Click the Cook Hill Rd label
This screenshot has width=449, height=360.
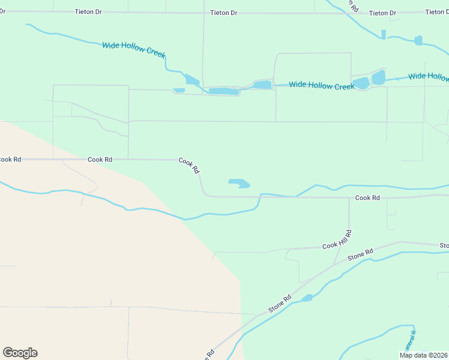pos(336,240)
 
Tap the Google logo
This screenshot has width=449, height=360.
pos(20,353)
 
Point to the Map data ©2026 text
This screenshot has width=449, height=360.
pos(423,355)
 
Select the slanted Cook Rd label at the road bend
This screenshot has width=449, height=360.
pos(189,166)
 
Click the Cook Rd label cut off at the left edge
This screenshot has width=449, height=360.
pos(10,160)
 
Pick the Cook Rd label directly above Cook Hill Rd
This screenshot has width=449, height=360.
pos(367,198)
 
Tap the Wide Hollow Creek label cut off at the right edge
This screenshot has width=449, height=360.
pos(429,77)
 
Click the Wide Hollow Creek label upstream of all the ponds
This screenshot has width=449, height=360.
pos(133,49)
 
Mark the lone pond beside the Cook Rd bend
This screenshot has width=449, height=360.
pos(239,183)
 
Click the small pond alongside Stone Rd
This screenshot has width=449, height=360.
pos(307,298)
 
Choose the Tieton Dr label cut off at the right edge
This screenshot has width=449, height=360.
pos(436,12)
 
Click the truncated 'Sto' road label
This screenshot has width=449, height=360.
pos(444,246)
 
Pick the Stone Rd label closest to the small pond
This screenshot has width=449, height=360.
pos(280,304)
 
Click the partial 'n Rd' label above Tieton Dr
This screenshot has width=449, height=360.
pos(352,5)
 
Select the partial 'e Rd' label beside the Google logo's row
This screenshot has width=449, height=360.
pos(209,354)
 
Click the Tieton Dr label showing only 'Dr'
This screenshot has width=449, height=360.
pos(2,11)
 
